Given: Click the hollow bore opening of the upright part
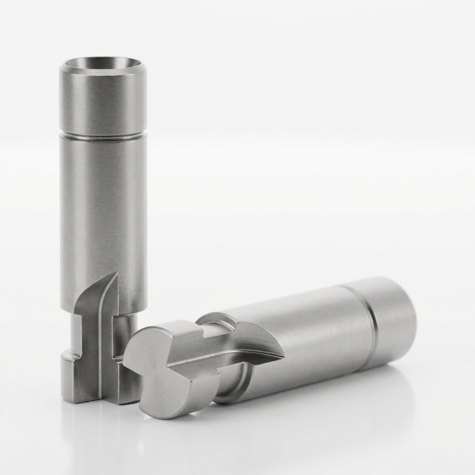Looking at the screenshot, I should point(103,64).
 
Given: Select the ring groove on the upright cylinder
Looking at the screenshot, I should point(103,135).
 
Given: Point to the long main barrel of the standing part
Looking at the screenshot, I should point(103,209).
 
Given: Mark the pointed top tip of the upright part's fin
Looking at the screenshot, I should point(114,274).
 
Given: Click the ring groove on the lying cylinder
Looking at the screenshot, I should point(369,325).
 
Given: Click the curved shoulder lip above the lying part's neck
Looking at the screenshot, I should point(218,318).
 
